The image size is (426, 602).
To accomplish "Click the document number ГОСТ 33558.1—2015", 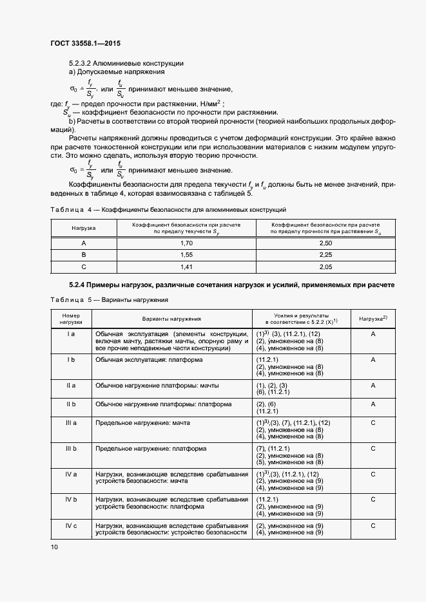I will click(85, 44).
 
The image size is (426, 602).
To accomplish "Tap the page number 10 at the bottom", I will click(53, 547).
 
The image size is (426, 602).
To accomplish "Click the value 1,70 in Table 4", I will click(187, 243).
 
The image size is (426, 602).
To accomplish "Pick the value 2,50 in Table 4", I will click(325, 243).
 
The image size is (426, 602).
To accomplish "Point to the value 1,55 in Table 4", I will click(187, 255).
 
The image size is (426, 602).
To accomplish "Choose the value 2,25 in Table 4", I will click(325, 255).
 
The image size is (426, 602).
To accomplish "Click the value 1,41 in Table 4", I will click(187, 267).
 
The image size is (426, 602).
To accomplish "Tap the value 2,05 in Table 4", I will click(325, 267).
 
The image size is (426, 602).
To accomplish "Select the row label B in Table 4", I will click(83, 255).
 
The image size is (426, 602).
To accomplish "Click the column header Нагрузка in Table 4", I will click(83, 228).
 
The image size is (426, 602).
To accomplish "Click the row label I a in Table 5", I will click(71, 334).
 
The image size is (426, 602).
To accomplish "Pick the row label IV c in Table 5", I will click(71, 526).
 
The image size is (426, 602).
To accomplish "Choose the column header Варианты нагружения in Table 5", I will click(171, 318).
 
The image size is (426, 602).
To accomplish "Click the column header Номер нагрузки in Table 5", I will click(71, 318).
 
